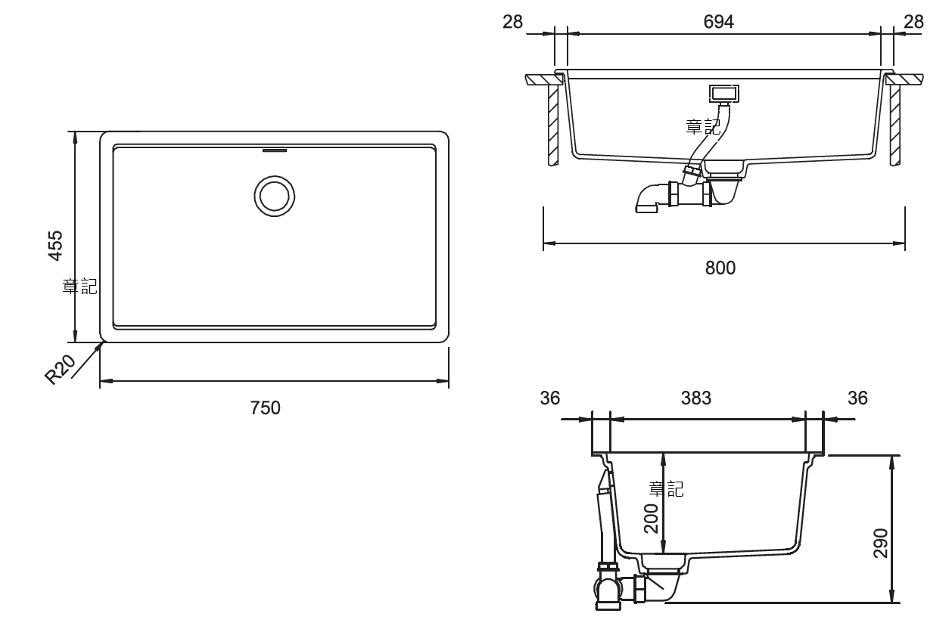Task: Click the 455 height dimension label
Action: [x=55, y=246]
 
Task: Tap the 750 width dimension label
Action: [x=265, y=407]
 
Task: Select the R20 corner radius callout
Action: [x=60, y=369]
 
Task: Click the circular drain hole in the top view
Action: [x=275, y=197]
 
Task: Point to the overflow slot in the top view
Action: [x=275, y=150]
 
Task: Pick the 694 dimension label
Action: [x=719, y=22]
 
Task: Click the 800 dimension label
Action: [x=720, y=268]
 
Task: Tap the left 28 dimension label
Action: [x=512, y=22]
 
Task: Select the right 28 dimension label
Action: [x=913, y=22]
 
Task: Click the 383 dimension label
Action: [x=696, y=398]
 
